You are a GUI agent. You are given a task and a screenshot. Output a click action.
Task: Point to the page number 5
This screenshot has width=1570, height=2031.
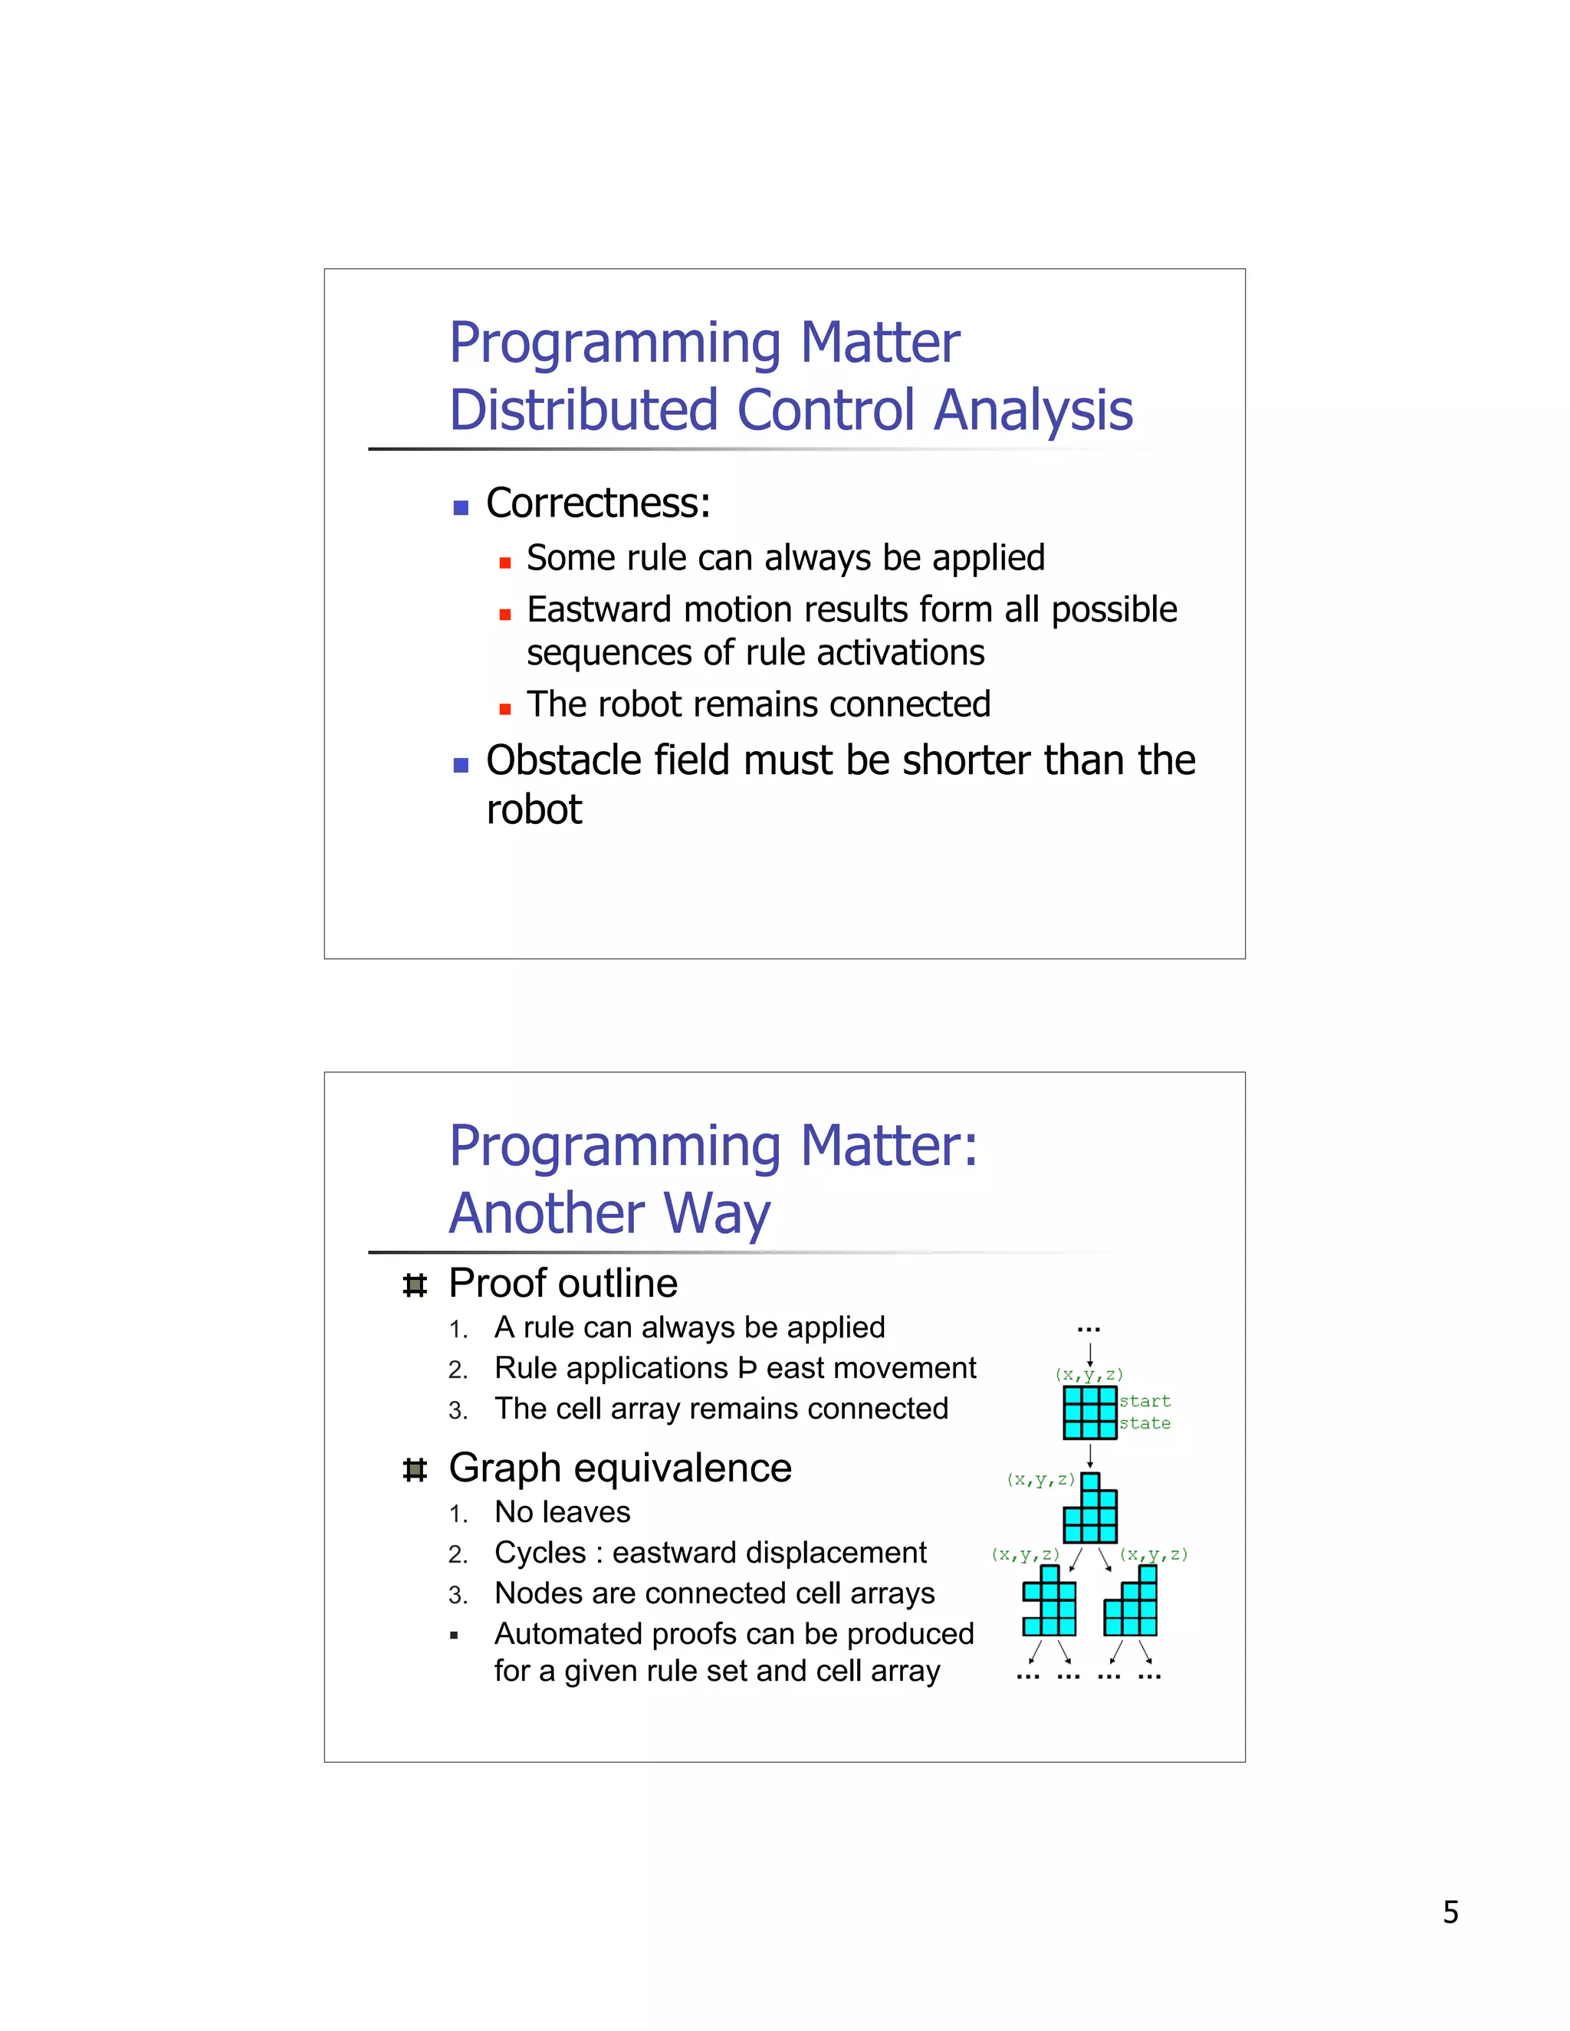1450,1912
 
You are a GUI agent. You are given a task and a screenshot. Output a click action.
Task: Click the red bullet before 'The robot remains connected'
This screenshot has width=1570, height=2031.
505,710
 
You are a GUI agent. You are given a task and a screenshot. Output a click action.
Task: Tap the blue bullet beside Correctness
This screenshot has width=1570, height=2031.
461,507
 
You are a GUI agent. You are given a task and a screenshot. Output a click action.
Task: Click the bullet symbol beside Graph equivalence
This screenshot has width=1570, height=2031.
415,1470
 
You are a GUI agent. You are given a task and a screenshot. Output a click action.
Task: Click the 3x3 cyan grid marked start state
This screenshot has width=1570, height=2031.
1089,1412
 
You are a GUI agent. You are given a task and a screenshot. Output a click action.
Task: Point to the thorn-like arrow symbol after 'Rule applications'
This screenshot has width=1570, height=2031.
747,1368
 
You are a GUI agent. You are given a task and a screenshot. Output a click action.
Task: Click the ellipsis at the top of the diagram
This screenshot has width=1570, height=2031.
1089,1330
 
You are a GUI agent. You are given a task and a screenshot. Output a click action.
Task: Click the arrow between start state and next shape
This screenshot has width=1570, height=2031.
1090,1455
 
